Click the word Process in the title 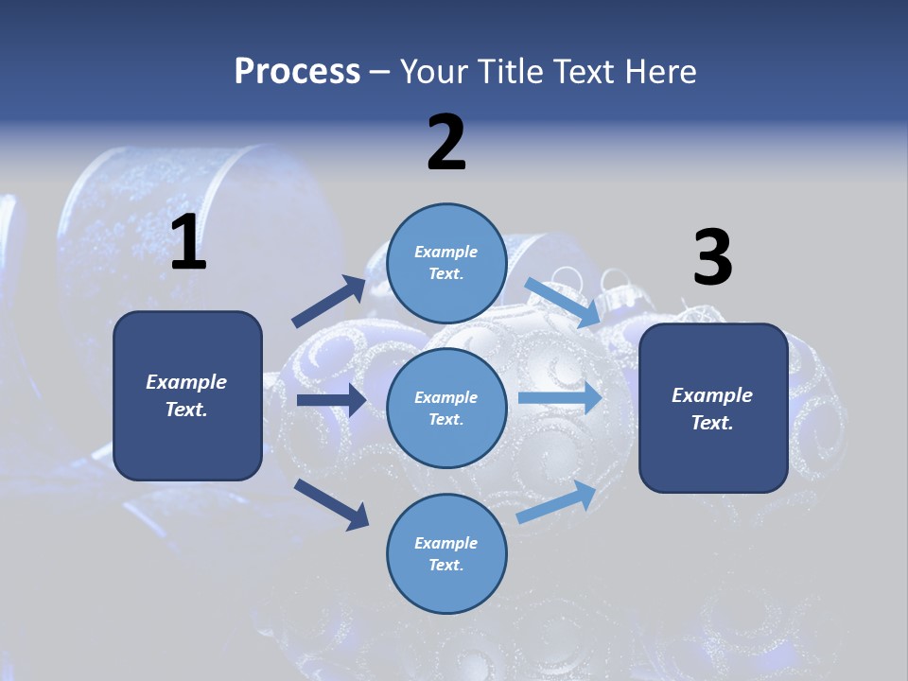pyautogui.click(x=297, y=72)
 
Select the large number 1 pyautogui.click(x=188, y=243)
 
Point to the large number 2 pyautogui.click(x=446, y=143)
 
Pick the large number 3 pyautogui.click(x=712, y=258)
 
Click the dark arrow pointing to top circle pyautogui.click(x=329, y=302)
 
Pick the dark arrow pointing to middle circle pyautogui.click(x=331, y=400)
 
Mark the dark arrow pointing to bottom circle pyautogui.click(x=331, y=503)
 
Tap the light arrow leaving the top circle pyautogui.click(x=562, y=303)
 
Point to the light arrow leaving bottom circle pyautogui.click(x=556, y=502)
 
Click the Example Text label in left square pyautogui.click(x=186, y=395)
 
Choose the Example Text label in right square pyautogui.click(x=712, y=409)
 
